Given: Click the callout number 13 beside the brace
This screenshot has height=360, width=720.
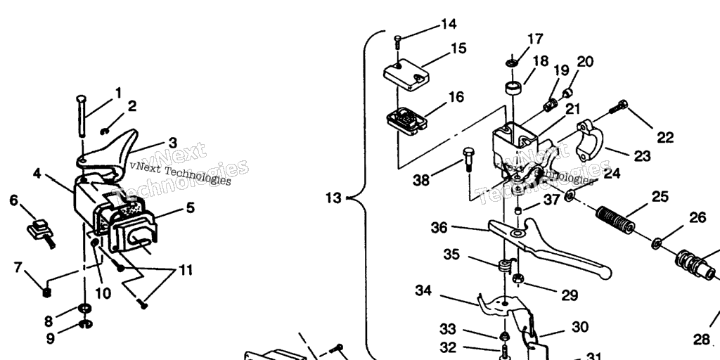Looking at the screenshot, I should click(x=334, y=198).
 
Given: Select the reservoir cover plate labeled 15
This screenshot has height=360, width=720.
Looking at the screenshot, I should click(x=406, y=73).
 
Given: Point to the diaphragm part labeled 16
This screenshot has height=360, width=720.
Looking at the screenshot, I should click(x=407, y=120).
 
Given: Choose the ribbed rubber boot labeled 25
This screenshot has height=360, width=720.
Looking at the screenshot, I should click(x=615, y=219).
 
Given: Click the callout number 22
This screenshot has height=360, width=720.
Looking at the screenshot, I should click(x=664, y=137).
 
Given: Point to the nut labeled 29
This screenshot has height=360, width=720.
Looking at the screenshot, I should click(x=519, y=280).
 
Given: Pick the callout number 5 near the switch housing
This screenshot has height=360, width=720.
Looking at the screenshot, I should click(x=190, y=207).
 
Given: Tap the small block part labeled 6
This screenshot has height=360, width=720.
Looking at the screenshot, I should click(x=41, y=229).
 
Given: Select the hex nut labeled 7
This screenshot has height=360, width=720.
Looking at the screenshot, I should click(x=46, y=290).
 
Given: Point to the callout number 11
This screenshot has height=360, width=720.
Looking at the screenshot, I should click(x=185, y=269).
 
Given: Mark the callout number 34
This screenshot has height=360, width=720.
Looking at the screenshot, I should click(x=423, y=290).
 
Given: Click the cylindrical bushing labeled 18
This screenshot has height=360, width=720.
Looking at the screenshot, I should click(x=514, y=89).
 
